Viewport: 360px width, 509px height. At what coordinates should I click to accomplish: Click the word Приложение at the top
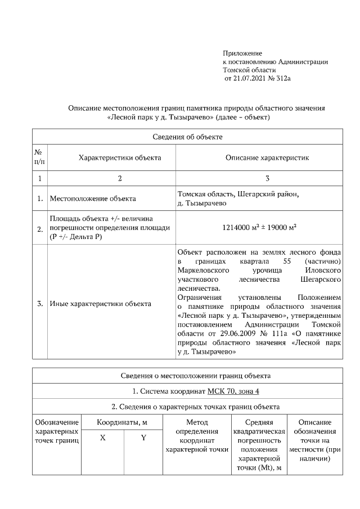242,52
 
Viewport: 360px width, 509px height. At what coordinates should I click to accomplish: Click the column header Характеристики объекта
112,157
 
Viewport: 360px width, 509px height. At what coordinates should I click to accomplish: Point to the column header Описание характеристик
267,157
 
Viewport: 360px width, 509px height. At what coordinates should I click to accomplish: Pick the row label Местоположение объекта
93,199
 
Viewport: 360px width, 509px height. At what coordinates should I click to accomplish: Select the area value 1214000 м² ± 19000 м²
259,228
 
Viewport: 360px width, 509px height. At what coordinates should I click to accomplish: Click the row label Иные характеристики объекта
101,304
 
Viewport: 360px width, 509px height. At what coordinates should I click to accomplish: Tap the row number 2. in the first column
40,229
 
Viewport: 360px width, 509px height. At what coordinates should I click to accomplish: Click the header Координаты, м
122,422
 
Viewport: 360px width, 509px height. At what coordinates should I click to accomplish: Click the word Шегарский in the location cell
245,194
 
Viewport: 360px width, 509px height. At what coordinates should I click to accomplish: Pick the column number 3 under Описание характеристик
267,179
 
